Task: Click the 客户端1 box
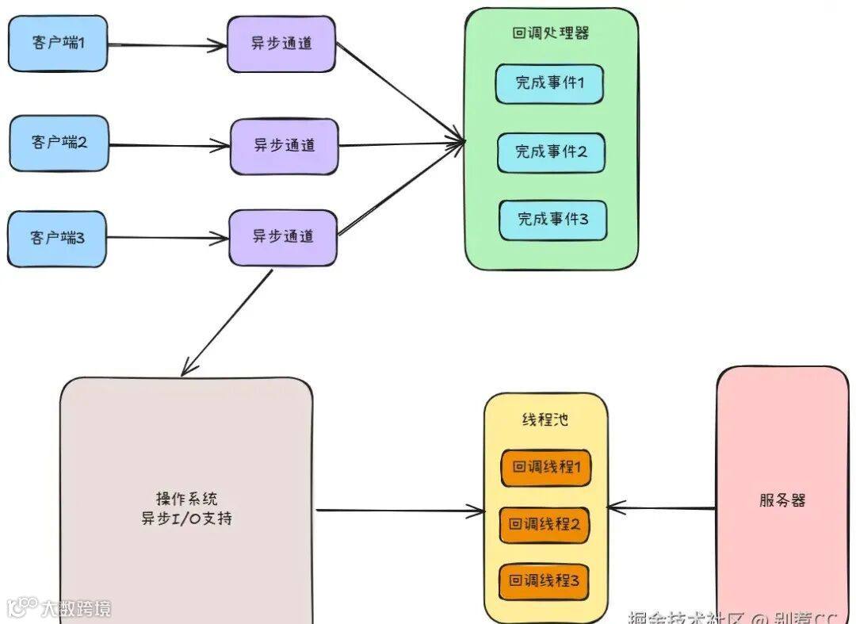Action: click(57, 44)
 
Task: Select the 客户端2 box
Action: click(59, 144)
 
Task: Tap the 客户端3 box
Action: click(57, 237)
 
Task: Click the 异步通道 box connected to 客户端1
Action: click(281, 44)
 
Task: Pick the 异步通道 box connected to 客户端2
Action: click(284, 146)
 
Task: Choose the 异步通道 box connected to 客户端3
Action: click(282, 237)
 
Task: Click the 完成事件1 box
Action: click(549, 83)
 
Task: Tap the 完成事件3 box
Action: click(552, 220)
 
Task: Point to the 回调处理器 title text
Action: click(550, 33)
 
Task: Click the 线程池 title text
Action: click(545, 420)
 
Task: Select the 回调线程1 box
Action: click(545, 468)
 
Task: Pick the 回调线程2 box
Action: click(545, 525)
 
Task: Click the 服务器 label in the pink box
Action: click(781, 501)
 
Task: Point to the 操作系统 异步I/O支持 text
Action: click(186, 509)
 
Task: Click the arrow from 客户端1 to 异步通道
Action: click(166, 45)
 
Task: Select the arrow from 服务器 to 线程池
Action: click(662, 508)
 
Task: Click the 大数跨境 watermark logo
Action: click(59, 608)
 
